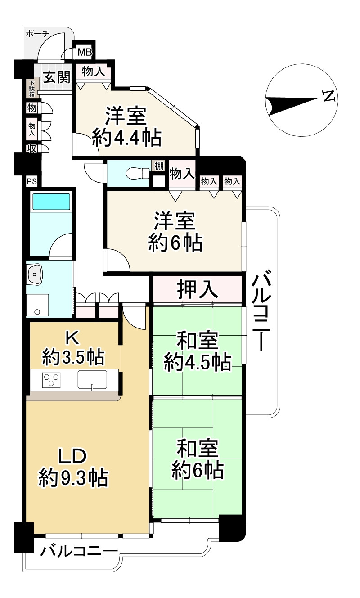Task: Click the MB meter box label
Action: tap(85, 53)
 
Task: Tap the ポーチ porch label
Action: tap(38, 34)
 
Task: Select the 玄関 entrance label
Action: tap(57, 77)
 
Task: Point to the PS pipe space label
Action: tap(31, 181)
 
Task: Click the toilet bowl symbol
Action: tap(138, 173)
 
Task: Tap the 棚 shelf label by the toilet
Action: tap(159, 166)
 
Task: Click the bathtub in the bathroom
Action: tap(51, 201)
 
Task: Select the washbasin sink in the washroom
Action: tap(35, 274)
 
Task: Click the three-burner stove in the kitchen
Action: tap(51, 380)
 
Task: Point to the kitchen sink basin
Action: tap(92, 379)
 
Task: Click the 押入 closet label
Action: tap(197, 289)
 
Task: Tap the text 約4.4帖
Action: tap(126, 138)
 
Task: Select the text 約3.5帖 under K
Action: tap(73, 357)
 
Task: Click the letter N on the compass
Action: tap(329, 95)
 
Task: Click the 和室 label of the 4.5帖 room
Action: tap(198, 341)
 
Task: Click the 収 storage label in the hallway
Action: tap(32, 148)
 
